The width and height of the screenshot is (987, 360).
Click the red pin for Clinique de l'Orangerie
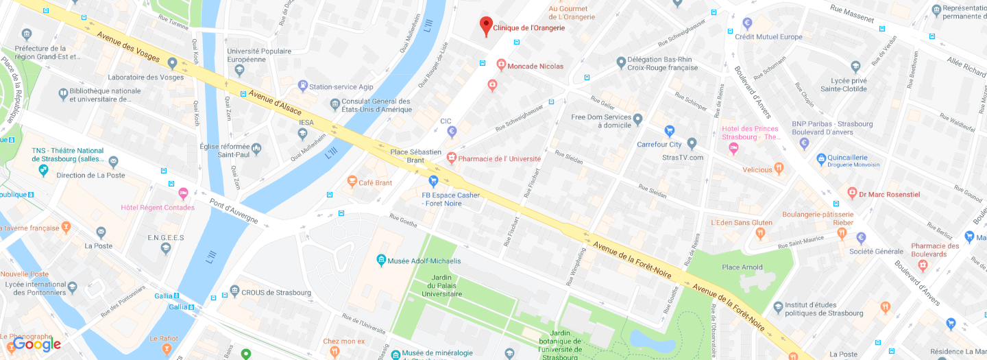coord(486,25)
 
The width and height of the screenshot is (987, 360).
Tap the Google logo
coord(37,344)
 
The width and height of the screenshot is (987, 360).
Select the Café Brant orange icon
coord(352,182)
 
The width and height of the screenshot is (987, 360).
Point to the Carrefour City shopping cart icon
coord(670,131)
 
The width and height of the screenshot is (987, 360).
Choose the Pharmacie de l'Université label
coord(499,158)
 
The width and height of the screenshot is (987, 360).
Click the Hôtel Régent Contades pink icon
coord(183,193)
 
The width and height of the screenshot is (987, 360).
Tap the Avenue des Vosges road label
coord(128,47)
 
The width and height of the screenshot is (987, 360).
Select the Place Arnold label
coord(742,267)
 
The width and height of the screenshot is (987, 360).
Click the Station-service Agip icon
coord(302,86)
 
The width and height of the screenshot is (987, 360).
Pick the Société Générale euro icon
coord(861,238)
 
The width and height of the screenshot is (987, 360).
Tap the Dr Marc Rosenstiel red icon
coord(852,194)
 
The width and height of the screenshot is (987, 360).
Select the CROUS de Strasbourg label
coord(276,292)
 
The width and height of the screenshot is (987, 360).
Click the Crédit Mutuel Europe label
coord(768,37)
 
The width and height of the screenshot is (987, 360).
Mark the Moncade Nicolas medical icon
coord(501,66)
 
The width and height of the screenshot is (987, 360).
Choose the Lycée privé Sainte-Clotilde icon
coord(855,67)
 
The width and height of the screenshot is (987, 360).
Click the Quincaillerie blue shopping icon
coord(821,159)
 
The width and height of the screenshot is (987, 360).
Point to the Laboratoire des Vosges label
coord(146,77)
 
